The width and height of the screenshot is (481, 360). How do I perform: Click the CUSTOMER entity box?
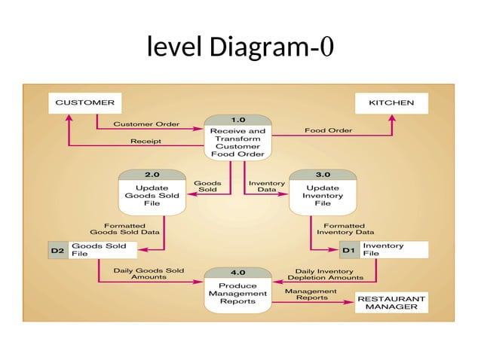click(81, 102)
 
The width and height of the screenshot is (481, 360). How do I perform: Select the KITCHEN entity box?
click(391, 102)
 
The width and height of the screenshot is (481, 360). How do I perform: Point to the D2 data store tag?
click(57, 250)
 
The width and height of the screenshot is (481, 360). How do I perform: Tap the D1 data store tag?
click(349, 250)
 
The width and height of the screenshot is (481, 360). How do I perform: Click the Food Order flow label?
click(328, 130)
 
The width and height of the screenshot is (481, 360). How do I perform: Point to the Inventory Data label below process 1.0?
click(266, 186)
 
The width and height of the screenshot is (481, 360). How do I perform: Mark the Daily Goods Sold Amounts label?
click(148, 273)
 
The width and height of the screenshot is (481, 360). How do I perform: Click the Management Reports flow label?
click(311, 294)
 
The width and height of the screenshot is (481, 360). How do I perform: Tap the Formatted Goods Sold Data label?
click(124, 228)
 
